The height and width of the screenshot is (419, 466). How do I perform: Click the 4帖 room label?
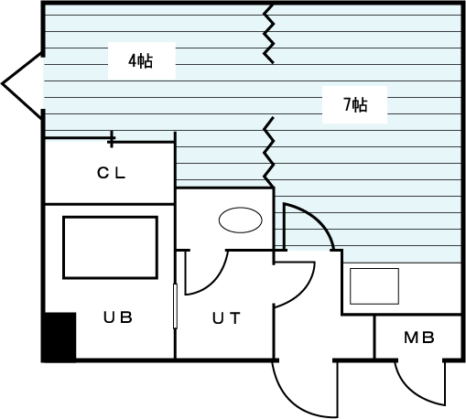point(140,61)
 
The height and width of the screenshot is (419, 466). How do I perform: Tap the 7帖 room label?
point(355,105)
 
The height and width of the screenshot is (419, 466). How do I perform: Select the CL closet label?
point(111,173)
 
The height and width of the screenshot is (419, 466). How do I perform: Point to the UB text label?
point(118,317)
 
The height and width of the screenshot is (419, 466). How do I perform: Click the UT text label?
point(226,318)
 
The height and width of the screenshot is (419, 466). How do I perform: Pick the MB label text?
point(419,338)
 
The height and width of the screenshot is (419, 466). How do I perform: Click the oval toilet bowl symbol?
point(241,220)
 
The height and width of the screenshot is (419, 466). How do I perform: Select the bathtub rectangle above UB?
point(110,247)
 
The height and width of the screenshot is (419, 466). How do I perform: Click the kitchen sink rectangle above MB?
point(374,286)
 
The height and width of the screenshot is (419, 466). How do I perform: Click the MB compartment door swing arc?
point(412,393)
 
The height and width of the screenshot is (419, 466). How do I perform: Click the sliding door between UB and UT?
point(175,306)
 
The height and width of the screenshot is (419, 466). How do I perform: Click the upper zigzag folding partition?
point(268,34)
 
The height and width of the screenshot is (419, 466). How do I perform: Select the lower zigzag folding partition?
point(268,152)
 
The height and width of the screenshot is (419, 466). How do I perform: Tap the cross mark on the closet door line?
point(112,139)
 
